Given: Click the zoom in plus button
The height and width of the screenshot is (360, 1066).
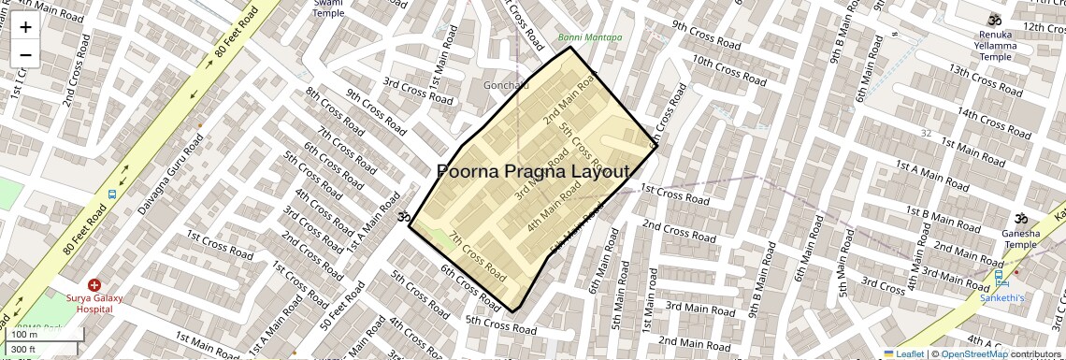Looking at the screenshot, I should pos(25,27).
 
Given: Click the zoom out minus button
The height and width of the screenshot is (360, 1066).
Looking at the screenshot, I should pos(25,55).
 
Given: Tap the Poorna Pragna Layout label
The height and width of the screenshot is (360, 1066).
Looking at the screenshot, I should pos(534,172).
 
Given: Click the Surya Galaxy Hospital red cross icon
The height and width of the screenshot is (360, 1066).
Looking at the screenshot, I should pos(94,284).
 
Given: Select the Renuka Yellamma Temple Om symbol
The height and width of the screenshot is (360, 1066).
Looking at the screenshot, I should pos(995,20).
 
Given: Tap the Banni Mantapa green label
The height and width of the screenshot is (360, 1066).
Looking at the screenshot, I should pos(590,37).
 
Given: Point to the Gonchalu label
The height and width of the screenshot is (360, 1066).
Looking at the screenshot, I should pos(506,85).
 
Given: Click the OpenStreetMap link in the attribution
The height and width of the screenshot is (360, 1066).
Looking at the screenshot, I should pos(974,353).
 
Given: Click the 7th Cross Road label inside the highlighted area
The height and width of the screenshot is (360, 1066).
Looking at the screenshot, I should pos(477,255).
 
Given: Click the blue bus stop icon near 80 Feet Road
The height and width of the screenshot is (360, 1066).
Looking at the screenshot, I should pos(112,195).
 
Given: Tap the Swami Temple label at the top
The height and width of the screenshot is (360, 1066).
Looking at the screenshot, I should pos(328,8).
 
